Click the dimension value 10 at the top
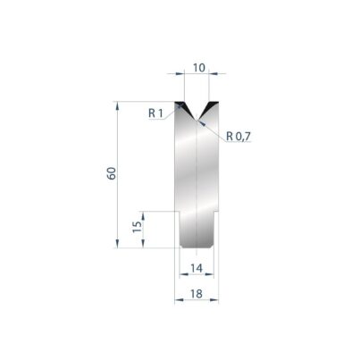(199, 68)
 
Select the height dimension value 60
(112, 173)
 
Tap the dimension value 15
(138, 227)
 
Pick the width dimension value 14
(197, 268)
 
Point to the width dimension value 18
(197, 294)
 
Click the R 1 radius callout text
(156, 113)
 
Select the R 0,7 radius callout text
(239, 137)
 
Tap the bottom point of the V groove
(197, 120)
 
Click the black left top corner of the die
(179, 105)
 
